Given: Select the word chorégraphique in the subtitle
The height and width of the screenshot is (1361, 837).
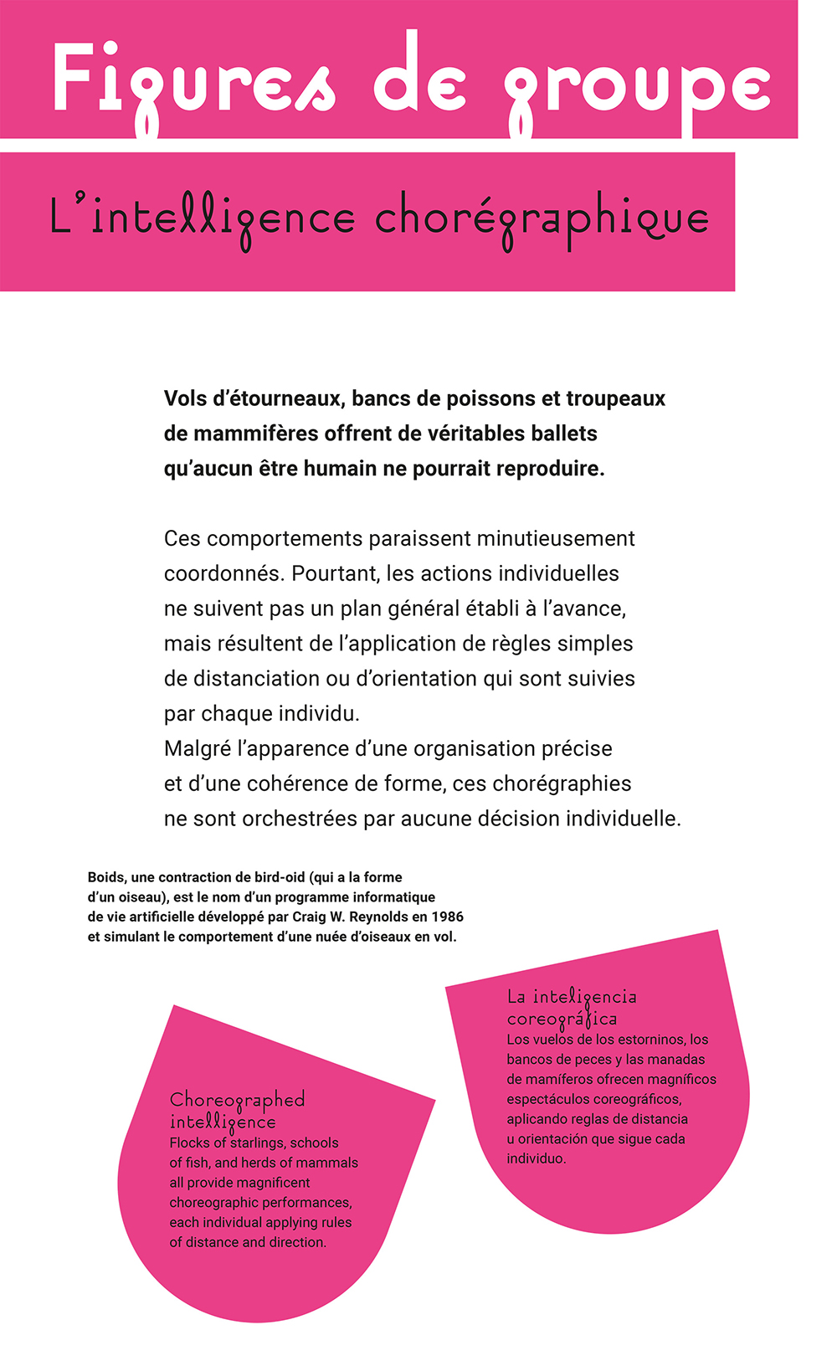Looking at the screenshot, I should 542,219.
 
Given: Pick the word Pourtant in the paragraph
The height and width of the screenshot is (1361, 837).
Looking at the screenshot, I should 334,573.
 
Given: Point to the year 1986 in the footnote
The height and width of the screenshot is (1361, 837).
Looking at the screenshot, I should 448,917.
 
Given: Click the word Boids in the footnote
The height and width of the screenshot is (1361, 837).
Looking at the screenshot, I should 106,877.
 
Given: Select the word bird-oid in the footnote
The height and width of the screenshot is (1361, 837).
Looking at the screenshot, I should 278,877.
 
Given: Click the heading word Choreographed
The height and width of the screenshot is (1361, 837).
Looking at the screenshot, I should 237,1099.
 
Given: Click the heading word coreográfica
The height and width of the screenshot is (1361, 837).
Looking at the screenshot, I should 562,1019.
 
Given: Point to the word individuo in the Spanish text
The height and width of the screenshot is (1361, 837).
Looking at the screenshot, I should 536,1158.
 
